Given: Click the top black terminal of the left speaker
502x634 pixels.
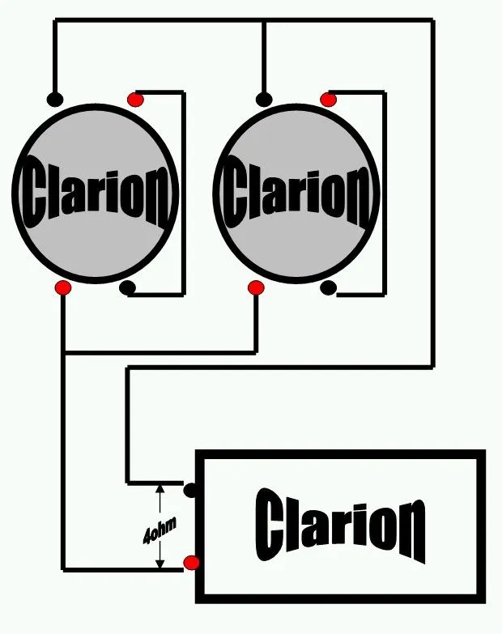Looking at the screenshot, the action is click(x=55, y=100).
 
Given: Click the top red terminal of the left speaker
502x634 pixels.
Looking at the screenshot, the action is click(x=135, y=100).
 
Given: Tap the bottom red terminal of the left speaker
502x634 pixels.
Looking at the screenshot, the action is click(x=63, y=288).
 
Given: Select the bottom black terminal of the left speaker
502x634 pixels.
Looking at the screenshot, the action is click(x=127, y=288).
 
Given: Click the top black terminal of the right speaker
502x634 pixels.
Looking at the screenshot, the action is click(x=264, y=100).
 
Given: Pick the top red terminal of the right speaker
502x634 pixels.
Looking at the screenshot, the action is click(x=328, y=100).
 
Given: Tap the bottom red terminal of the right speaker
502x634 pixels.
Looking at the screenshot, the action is click(x=256, y=288).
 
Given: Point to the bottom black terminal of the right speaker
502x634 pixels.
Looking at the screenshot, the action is click(x=328, y=288).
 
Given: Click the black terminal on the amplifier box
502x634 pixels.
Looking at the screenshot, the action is click(x=190, y=490).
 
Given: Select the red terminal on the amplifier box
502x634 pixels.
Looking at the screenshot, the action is click(x=191, y=563).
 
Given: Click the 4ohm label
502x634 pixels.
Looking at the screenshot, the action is click(x=160, y=530).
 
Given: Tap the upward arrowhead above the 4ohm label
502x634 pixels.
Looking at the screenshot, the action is click(x=160, y=488).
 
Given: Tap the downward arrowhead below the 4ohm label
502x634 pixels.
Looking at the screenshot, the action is click(x=160, y=564).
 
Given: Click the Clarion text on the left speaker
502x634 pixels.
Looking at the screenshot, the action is click(x=96, y=193).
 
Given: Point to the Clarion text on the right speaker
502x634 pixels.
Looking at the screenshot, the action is click(x=296, y=193).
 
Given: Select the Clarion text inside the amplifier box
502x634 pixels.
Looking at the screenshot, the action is click(x=340, y=525).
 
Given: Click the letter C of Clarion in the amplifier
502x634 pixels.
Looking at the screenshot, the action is click(x=270, y=525).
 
